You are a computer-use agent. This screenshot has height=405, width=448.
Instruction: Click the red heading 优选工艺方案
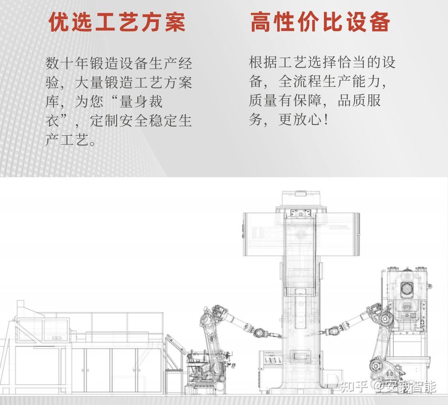click(x=117, y=22)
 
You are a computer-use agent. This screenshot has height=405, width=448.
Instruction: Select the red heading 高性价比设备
click(x=320, y=22)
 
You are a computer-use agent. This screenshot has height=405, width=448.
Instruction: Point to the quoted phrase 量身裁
click(x=141, y=102)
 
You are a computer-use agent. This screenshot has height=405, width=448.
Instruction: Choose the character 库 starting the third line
click(x=52, y=102)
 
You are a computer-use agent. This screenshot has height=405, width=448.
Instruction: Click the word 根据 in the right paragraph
click(x=263, y=63)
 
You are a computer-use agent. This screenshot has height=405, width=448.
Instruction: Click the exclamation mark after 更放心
click(x=327, y=120)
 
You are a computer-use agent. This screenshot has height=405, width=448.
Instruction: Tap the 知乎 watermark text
click(x=354, y=387)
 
